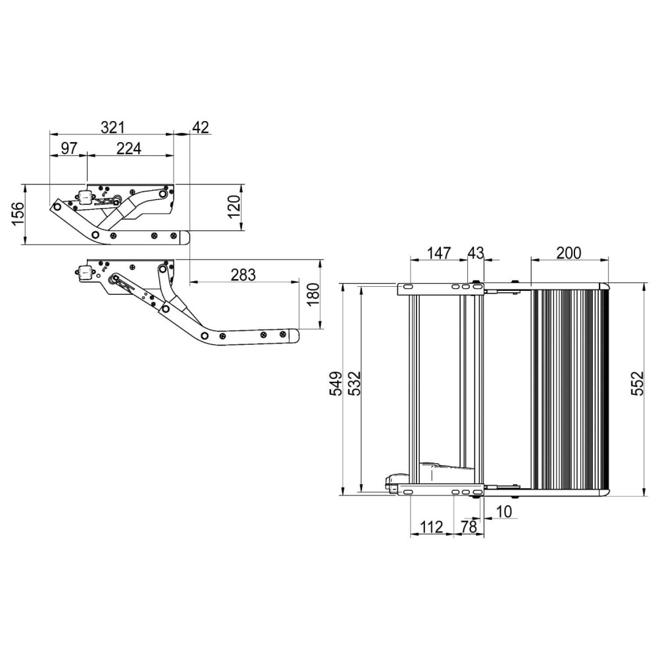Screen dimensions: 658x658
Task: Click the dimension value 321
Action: tap(113, 126)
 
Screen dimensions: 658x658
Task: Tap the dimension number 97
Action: tap(70, 148)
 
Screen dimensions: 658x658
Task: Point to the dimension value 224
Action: tap(128, 148)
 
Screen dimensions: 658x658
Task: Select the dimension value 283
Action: tap(243, 275)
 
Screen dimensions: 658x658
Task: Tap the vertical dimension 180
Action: tap(313, 295)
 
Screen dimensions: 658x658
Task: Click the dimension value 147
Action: tap(438, 253)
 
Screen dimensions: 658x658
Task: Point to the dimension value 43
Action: tap(475, 253)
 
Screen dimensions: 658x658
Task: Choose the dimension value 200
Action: tap(569, 253)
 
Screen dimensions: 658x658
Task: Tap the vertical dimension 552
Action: tap(636, 388)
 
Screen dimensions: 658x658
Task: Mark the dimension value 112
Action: tap(431, 527)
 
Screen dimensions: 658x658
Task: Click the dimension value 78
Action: tap(468, 527)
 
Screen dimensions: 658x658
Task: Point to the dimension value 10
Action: tap(505, 511)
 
